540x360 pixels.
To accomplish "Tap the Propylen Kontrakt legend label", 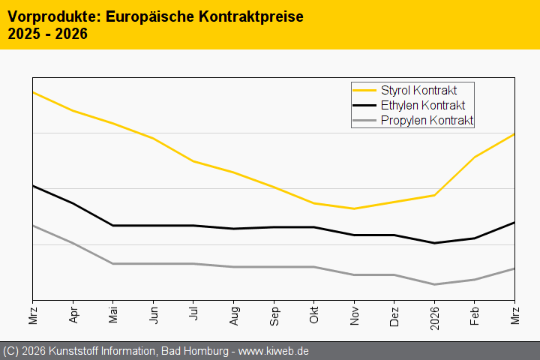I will coord(427,120).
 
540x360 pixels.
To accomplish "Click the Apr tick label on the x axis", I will coord(73,314).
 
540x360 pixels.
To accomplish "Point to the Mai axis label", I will coord(113,314).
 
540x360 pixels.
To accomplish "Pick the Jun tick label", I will coord(154,314).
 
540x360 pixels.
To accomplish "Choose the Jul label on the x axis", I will coord(193,313).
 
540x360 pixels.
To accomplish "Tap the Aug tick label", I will coord(234,314).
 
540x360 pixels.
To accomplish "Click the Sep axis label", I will coord(274,314).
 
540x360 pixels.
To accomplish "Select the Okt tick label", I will coord(314,313).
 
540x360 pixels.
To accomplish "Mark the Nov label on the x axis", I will coord(354,314).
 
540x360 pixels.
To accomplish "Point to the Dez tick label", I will coord(394,314).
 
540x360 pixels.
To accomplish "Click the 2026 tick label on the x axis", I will coord(434,316).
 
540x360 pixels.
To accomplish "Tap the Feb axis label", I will coord(475,314).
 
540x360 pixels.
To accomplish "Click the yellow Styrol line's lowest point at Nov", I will coord(354,208).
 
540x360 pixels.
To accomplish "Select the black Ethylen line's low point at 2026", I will coord(434,243).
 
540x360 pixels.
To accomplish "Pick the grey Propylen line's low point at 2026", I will coord(434,284).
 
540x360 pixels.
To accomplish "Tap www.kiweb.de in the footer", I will coord(274,351).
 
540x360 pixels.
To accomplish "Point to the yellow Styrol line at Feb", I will coord(475,157).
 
